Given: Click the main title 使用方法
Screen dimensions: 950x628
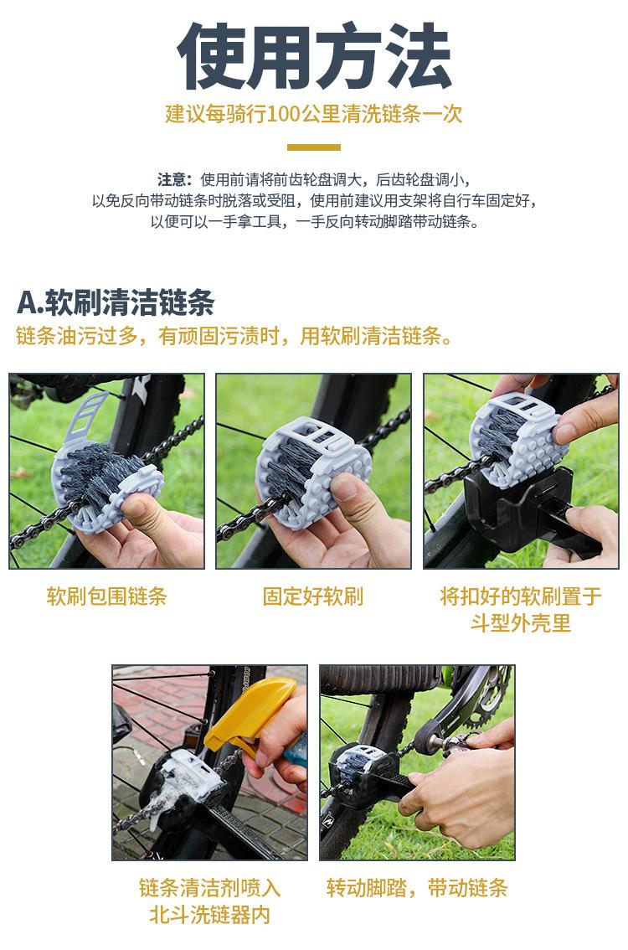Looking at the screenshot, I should coord(314,57).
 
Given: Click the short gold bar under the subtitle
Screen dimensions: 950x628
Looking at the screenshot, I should coord(314,147).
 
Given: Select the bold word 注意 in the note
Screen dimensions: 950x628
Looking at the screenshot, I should coord(173,180).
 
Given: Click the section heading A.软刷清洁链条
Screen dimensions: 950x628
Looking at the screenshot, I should coord(116,302).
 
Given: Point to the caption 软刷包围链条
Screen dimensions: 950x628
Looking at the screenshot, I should coord(106,596).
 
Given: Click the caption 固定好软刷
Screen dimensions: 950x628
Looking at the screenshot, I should coord(313,596).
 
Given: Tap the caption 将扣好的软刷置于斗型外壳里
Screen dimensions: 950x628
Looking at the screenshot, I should coord(521,610).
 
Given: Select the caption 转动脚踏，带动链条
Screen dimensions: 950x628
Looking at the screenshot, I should coord(417,888).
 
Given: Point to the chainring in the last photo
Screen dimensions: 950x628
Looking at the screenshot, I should coord(481,695).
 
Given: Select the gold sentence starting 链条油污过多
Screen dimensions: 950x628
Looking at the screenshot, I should coord(236,337).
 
